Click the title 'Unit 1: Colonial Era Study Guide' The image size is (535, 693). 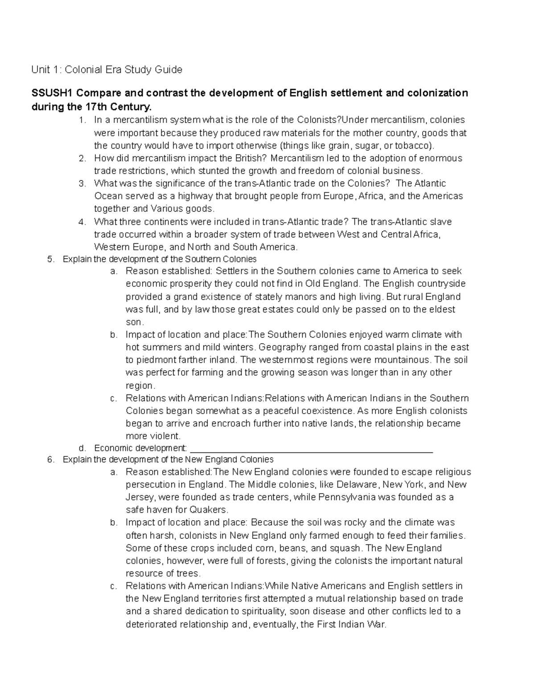(107, 70)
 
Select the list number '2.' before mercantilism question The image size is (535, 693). (82, 158)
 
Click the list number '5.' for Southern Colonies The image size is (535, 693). (50, 259)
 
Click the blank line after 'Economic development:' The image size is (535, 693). (311, 448)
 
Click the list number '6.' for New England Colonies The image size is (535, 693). (50, 460)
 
